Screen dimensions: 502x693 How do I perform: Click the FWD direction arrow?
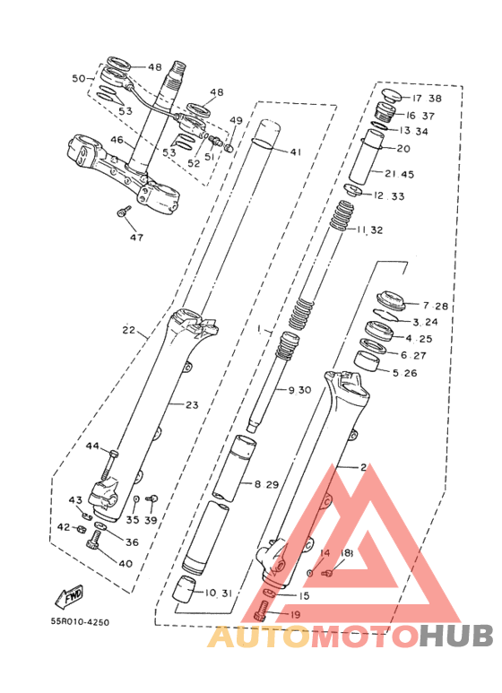(69, 597)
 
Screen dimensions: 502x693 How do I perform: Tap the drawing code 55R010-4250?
(80, 622)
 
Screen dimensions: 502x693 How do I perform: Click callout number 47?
(136, 238)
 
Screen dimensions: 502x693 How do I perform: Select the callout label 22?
(129, 330)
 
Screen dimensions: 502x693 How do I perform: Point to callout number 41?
(296, 152)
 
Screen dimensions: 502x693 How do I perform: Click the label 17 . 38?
(427, 98)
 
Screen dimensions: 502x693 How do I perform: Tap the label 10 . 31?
(219, 593)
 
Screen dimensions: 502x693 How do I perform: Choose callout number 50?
(79, 78)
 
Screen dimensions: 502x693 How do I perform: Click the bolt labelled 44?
(109, 466)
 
